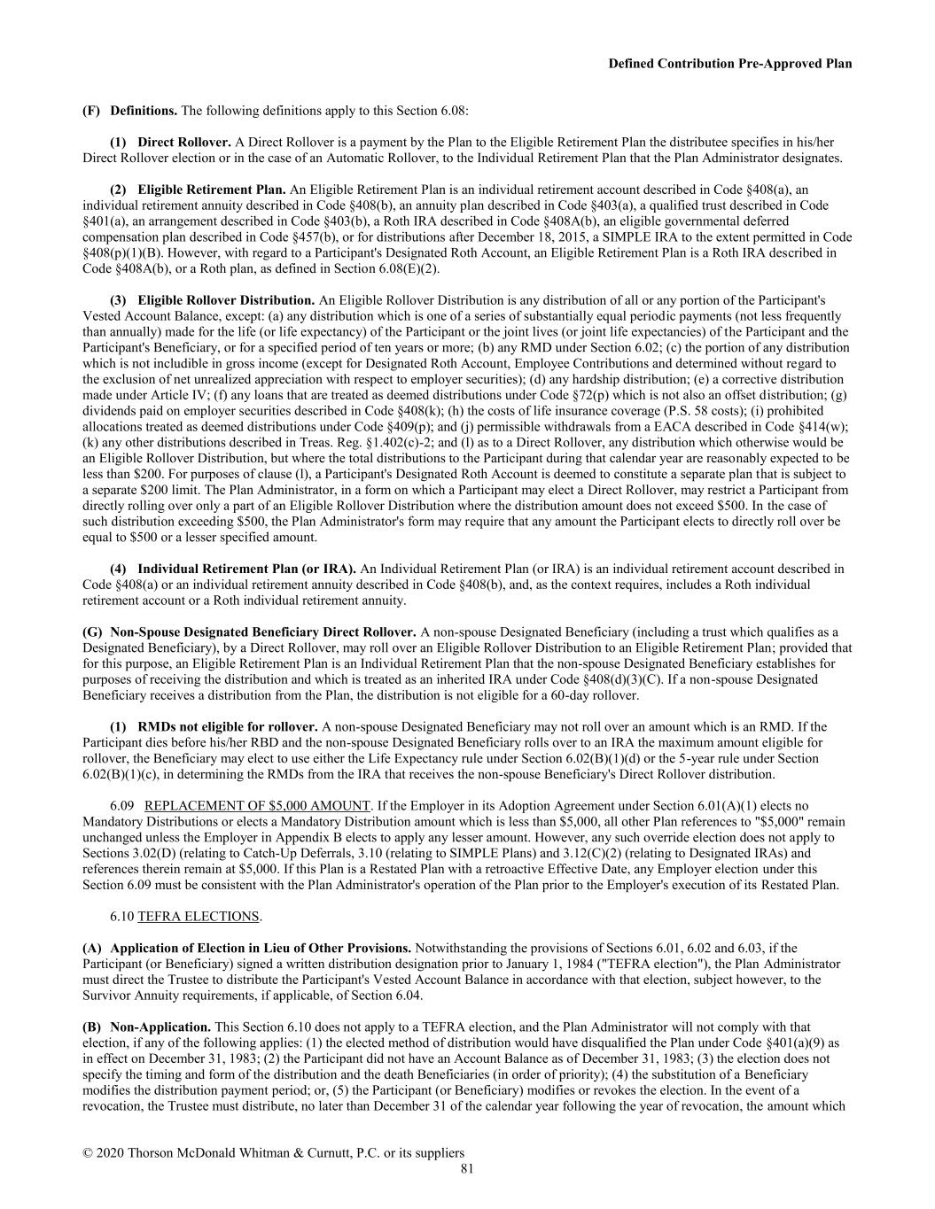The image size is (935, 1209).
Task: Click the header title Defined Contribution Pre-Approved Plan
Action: pyautogui.click(x=730, y=64)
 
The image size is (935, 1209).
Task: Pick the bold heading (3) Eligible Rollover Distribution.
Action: pyautogui.click(x=226, y=300)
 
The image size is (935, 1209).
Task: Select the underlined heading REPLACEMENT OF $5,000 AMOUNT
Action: pyautogui.click(x=257, y=806)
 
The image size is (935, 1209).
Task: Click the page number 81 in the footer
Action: pyautogui.click(x=467, y=1169)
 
